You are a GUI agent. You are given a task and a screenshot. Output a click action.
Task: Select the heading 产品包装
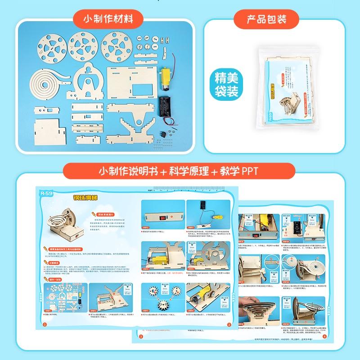point(267,19)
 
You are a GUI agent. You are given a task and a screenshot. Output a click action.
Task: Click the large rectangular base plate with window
point(131,78)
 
